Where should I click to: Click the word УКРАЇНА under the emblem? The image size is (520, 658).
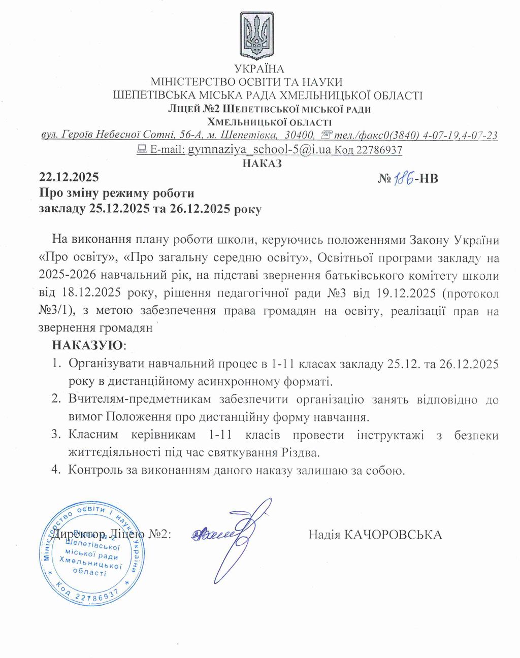(x=259, y=69)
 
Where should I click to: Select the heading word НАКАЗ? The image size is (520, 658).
(x=262, y=163)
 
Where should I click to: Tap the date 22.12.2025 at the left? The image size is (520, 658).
(x=69, y=178)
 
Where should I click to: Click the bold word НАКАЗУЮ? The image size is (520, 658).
(x=87, y=345)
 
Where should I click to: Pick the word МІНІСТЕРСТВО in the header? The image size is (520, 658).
(x=192, y=82)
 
